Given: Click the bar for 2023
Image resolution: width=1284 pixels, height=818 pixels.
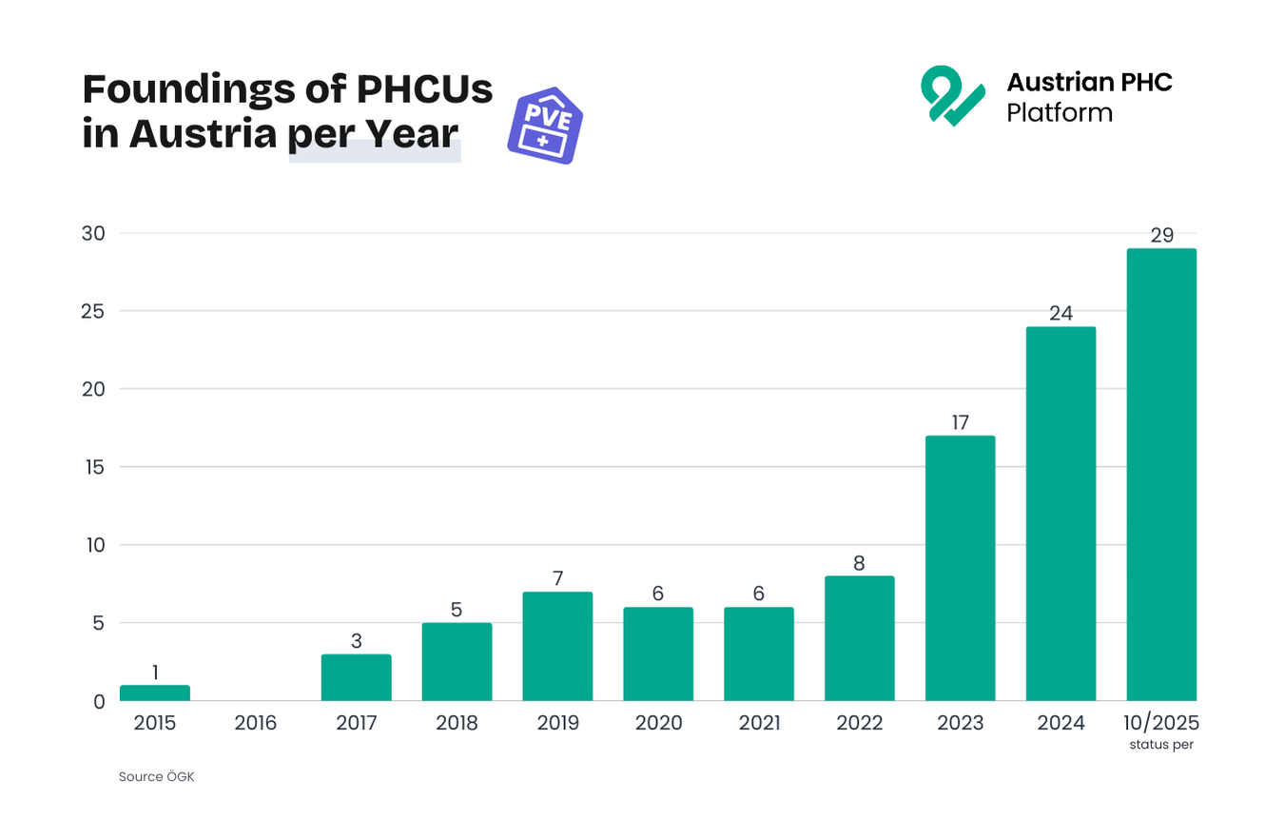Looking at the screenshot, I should [960, 568].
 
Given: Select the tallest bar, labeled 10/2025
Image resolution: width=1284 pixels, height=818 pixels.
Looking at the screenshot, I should [1161, 475].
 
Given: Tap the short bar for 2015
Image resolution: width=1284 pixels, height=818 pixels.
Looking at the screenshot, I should [155, 693].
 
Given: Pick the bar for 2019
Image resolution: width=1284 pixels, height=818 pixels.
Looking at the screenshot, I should [557, 647].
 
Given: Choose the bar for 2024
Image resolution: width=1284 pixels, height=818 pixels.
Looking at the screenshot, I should [1060, 514].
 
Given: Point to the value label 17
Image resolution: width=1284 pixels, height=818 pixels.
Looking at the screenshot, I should [960, 422].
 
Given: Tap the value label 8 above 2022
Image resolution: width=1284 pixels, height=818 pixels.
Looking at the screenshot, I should [859, 563].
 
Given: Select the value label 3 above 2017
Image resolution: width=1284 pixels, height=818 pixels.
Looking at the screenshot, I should [357, 641].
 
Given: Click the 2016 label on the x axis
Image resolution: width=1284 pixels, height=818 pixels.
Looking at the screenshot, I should [256, 724].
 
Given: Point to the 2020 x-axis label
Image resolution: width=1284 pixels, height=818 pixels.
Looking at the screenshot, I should [658, 724].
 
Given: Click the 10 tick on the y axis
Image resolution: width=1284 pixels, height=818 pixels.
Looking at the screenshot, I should [92, 545].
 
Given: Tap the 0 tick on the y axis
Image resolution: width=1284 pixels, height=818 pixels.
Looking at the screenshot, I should [98, 702].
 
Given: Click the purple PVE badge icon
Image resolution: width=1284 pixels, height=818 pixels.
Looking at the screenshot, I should [544, 129].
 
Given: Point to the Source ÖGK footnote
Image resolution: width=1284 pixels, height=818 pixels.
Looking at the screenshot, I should [156, 777].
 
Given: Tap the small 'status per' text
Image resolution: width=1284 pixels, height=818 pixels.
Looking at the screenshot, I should [1161, 745].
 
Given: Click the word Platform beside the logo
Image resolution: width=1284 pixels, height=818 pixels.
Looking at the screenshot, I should [1060, 112].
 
